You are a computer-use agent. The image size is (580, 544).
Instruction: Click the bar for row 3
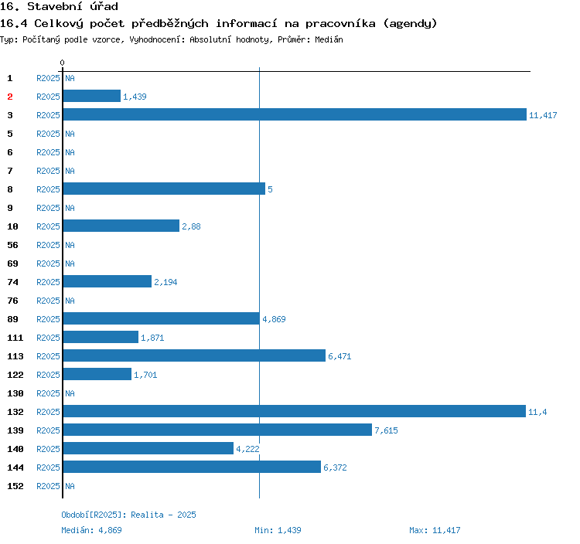[294, 115]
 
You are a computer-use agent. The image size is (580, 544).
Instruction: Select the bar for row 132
[294, 412]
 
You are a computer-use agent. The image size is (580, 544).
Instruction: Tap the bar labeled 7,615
[217, 430]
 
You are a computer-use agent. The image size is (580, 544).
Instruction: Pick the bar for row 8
[163, 189]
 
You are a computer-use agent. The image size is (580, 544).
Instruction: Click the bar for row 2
[91, 97]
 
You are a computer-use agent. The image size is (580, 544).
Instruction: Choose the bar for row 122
[97, 375]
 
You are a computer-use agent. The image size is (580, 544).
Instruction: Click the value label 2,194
[165, 282]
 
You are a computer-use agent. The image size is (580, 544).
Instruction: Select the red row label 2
[10, 97]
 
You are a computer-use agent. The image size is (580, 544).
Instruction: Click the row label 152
[15, 486]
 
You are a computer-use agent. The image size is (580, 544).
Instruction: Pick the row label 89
[13, 319]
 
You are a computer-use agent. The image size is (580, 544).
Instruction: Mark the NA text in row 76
[70, 301]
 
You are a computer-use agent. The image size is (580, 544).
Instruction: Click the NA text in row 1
[70, 78]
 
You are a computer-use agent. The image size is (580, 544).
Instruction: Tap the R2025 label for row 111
[48, 338]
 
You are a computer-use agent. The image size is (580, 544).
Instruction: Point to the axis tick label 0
[63, 63]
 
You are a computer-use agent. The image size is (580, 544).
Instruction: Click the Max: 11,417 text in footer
[435, 530]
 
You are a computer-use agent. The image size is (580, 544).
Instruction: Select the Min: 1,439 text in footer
[278, 530]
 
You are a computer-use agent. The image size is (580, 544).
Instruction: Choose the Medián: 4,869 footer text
[91, 530]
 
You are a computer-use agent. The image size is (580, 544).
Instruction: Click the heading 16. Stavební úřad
[59, 7]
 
